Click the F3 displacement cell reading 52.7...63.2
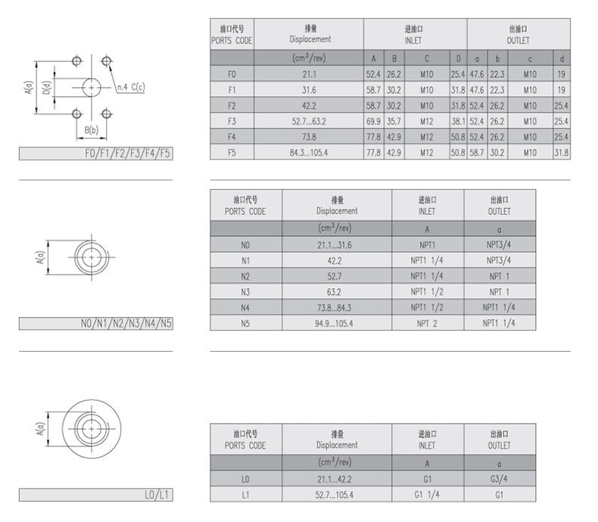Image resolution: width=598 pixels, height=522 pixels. [x=309, y=122]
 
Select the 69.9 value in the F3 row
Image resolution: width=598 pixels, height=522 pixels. [x=373, y=122]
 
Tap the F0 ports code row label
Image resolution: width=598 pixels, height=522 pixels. [x=232, y=74]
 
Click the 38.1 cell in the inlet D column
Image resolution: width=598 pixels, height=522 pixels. [x=458, y=122]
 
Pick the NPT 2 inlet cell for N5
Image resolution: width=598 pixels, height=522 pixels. [x=427, y=324]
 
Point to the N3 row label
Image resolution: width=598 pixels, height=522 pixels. [x=245, y=292]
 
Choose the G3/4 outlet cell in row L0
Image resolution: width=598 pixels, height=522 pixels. [x=499, y=479]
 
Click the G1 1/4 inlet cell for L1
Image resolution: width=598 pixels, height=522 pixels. [x=427, y=495]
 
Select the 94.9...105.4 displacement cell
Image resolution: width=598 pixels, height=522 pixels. [x=334, y=324]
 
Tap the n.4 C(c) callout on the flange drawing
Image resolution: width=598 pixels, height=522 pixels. [x=131, y=87]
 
